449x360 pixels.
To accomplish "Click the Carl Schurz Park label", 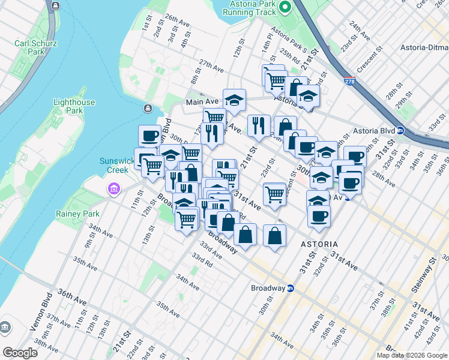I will point(30,47).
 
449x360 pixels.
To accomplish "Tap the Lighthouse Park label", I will point(74,106).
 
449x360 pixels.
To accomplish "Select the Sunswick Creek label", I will point(114,165).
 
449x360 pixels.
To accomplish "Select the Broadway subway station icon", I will point(291,288).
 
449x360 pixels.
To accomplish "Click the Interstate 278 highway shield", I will point(349,80).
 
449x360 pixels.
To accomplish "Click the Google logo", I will point(20,353).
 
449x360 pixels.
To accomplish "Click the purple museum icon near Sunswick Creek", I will point(113,190).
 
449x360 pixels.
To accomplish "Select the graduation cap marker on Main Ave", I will point(235,99).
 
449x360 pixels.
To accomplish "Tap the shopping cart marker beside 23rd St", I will point(274,193).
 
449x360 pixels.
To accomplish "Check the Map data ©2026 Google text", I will point(412,355).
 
